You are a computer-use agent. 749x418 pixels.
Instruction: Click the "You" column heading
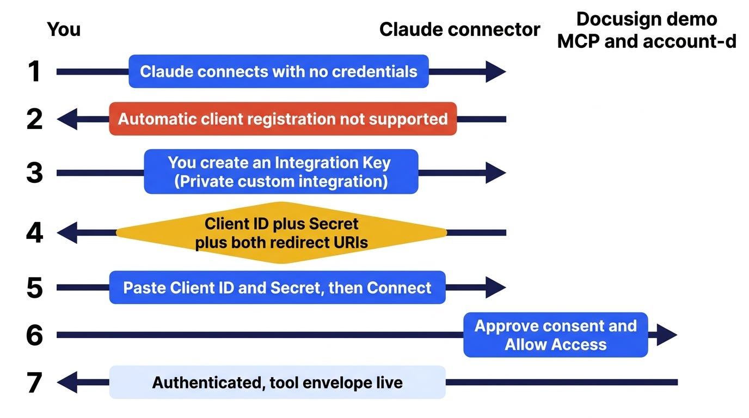click(x=64, y=29)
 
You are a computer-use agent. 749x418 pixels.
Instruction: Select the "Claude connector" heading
click(x=460, y=29)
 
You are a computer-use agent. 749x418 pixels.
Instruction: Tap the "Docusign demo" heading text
click(x=647, y=19)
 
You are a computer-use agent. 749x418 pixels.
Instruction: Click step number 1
click(x=34, y=71)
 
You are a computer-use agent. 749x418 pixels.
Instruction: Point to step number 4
click(x=34, y=232)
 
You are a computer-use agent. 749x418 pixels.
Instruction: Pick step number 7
click(x=34, y=382)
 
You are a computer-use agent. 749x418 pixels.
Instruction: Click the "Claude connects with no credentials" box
click(x=279, y=71)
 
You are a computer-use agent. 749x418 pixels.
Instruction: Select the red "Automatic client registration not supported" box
click(x=283, y=119)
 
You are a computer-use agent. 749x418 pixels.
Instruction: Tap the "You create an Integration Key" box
click(x=281, y=171)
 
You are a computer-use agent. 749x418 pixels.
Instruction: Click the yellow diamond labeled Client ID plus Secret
click(x=281, y=233)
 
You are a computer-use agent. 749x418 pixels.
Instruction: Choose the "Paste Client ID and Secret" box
click(x=277, y=287)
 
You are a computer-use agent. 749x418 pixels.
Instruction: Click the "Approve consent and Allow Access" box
click(x=555, y=335)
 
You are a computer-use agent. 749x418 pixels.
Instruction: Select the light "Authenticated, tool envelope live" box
click(x=277, y=382)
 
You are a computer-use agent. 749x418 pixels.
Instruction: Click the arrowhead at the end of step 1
click(x=495, y=71)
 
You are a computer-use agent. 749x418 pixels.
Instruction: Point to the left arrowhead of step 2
click(x=67, y=119)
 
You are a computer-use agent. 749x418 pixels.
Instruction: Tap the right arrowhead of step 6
click(x=667, y=335)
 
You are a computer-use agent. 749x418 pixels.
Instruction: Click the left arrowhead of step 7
click(x=67, y=382)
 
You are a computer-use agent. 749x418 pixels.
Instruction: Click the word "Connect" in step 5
click(x=398, y=287)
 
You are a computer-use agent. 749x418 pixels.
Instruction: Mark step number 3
click(x=34, y=173)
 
